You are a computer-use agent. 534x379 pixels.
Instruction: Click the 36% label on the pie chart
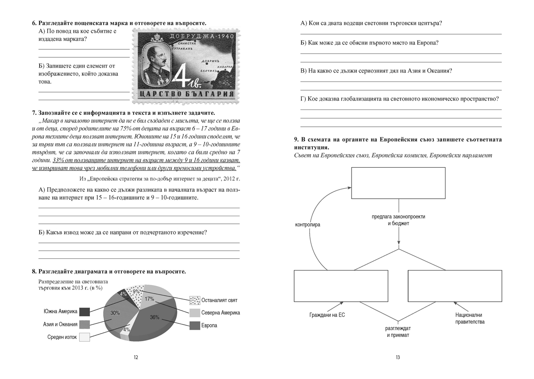(154, 317)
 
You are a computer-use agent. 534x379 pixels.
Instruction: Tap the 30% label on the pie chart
(115, 313)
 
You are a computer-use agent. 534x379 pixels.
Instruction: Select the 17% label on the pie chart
(150, 299)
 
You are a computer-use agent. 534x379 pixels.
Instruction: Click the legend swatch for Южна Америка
(84, 311)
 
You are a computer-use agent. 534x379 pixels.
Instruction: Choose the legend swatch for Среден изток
(84, 337)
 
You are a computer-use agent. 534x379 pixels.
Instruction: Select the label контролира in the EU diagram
(307, 225)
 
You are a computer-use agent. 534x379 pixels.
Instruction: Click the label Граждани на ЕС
(327, 315)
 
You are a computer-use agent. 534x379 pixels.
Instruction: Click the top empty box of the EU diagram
(398, 184)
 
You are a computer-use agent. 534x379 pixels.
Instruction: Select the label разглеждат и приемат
(398, 332)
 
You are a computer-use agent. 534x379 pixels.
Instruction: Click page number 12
(136, 357)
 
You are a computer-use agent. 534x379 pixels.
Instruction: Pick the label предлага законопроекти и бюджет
(398, 220)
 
